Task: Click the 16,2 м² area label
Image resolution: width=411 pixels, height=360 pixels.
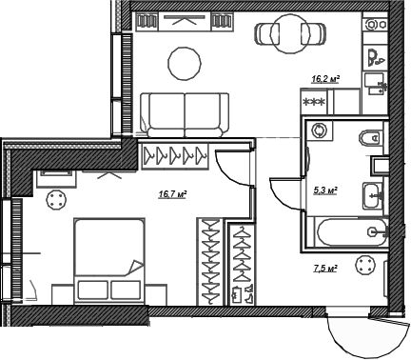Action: tap(325, 81)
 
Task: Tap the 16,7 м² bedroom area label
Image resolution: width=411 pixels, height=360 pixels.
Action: tap(171, 195)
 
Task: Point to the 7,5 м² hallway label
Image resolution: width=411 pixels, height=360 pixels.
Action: tap(325, 270)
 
